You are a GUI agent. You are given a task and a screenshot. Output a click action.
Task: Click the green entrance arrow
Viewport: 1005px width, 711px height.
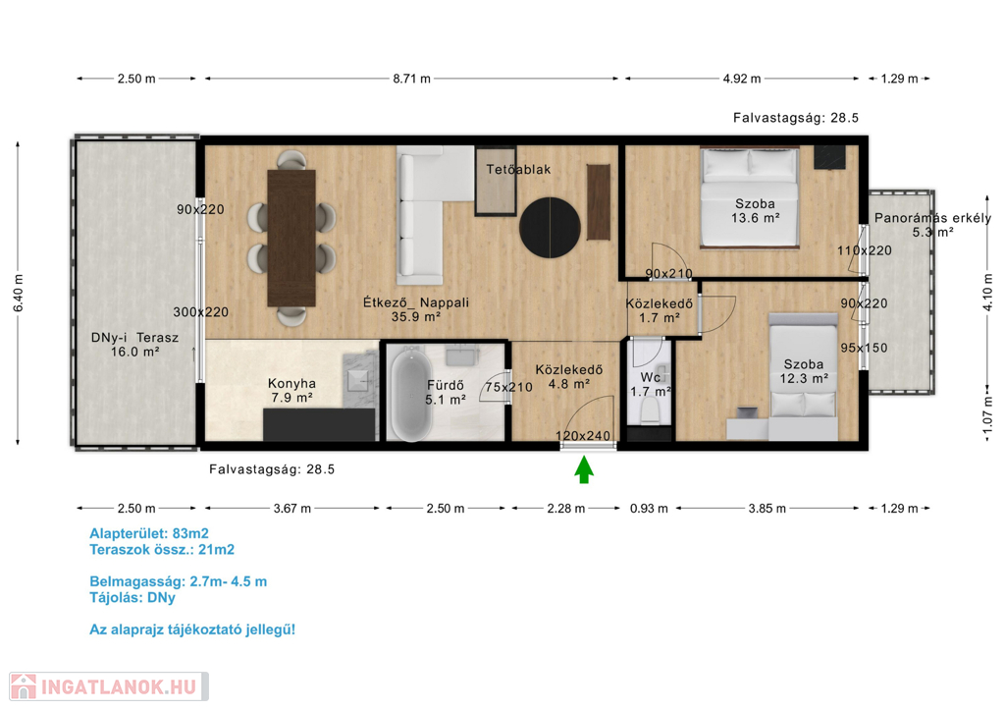(x=583, y=469)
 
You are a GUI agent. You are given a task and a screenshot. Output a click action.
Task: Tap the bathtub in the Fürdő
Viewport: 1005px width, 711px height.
(x=411, y=394)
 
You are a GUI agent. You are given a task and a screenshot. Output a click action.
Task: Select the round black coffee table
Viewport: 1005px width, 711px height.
(x=550, y=228)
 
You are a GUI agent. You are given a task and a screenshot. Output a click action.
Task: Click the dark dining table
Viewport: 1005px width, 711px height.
(x=291, y=238)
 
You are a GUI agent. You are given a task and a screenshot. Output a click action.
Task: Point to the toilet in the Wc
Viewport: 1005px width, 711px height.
(x=650, y=410)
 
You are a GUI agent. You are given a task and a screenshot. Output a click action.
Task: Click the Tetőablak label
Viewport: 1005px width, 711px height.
(x=518, y=170)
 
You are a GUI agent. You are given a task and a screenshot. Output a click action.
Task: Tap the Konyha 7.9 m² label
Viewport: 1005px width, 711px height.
(x=291, y=391)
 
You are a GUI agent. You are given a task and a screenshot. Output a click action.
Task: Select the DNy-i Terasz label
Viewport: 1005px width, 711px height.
(x=134, y=345)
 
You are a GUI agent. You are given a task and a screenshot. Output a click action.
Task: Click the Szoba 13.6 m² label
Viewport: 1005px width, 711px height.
(x=755, y=210)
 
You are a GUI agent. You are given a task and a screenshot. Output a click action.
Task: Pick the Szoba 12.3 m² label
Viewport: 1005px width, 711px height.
(x=804, y=371)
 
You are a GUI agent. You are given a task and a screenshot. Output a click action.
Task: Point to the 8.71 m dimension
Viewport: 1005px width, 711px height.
(x=411, y=79)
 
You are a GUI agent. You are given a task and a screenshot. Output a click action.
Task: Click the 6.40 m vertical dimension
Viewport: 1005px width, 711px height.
(x=18, y=293)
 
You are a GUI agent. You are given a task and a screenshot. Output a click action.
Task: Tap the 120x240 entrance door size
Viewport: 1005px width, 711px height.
(x=583, y=436)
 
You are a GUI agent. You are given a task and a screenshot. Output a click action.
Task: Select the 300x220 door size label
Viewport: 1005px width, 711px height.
(x=200, y=312)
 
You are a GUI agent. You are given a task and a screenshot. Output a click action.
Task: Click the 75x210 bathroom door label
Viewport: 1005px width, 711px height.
(x=508, y=387)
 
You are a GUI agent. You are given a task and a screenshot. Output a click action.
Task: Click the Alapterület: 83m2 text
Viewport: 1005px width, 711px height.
(x=149, y=533)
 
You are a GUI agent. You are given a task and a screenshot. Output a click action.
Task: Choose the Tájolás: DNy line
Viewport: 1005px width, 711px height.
(x=132, y=597)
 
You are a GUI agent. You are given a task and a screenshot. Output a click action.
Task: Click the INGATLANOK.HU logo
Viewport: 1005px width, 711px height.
(x=109, y=686)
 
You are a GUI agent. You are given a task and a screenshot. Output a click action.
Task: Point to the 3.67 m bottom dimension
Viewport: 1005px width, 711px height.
(x=292, y=509)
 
